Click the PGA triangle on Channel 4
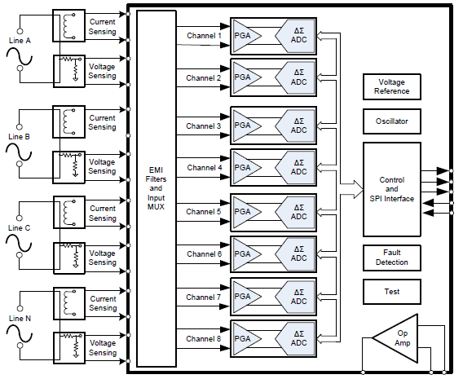(245, 168)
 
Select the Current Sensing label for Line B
(102, 122)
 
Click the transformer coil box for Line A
(66, 26)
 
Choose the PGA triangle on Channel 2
(245, 77)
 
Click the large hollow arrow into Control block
(351, 189)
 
